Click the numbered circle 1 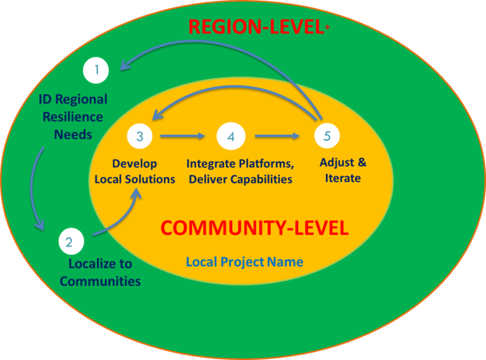click(96, 70)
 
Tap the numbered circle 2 click(70, 241)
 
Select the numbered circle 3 click(139, 135)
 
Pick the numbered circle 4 click(230, 135)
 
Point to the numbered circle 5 click(327, 135)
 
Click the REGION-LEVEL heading click(256, 27)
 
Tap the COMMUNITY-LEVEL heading click(254, 228)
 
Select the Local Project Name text click(244, 261)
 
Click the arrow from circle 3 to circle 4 click(184, 135)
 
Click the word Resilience click(71, 116)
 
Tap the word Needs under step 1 click(73, 133)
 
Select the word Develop click(134, 163)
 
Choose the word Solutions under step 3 click(152, 179)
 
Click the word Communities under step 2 click(100, 280)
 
